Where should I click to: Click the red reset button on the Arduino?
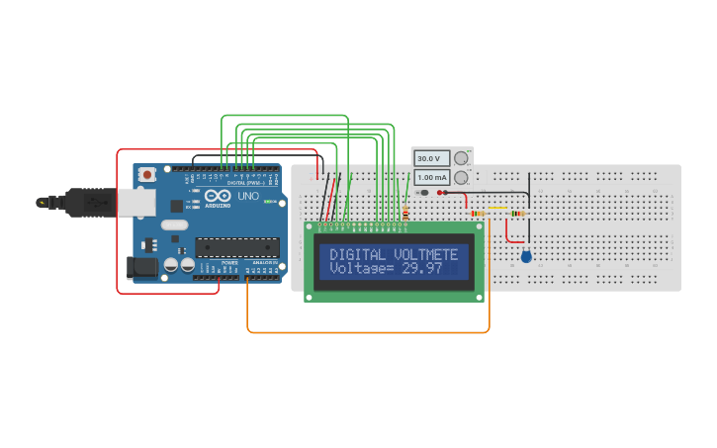(x=147, y=174)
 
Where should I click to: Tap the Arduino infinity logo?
(x=218, y=196)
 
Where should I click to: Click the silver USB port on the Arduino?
(x=134, y=202)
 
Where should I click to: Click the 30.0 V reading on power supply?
(x=430, y=158)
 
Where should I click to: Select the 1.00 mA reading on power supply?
(x=430, y=177)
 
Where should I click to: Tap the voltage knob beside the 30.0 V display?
(x=460, y=158)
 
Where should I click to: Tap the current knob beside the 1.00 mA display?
(x=460, y=177)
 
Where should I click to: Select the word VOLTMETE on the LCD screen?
(x=425, y=255)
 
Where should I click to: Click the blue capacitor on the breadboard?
(x=525, y=256)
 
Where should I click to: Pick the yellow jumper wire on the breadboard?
(x=498, y=209)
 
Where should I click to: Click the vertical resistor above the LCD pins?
(x=405, y=212)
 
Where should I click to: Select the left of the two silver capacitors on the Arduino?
(x=171, y=265)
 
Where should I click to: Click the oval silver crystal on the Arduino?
(x=174, y=224)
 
